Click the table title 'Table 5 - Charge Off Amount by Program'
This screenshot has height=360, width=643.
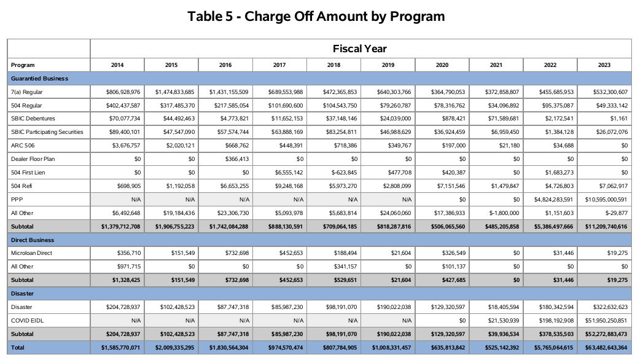(x=316, y=17)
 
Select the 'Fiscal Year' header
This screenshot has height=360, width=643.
(x=360, y=49)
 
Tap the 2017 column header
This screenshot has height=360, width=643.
(x=279, y=65)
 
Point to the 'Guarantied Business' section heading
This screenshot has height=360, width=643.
(x=39, y=79)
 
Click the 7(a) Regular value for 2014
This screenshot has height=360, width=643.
(x=122, y=92)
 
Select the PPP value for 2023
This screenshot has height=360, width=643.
(x=605, y=200)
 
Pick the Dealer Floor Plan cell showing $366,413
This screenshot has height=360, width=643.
(x=232, y=159)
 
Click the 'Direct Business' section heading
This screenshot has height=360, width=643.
(x=33, y=240)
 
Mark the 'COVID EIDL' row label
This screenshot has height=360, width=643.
(x=28, y=320)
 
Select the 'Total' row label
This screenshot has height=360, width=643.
(x=19, y=347)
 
